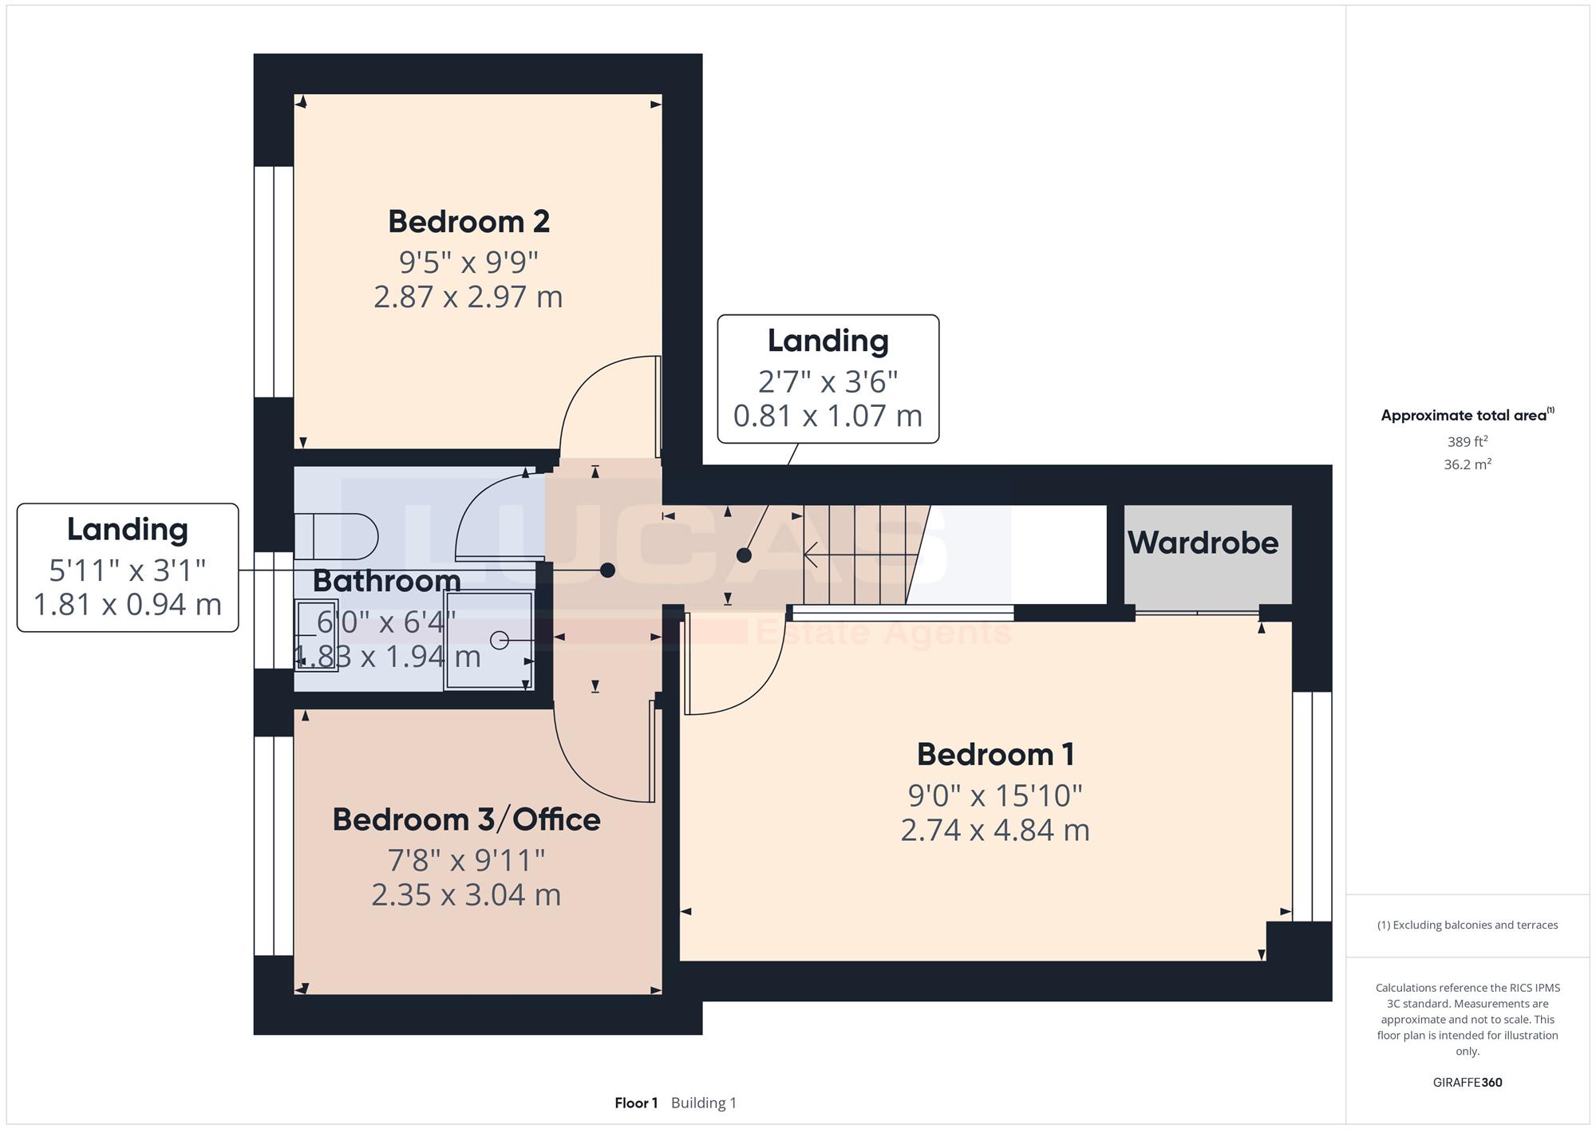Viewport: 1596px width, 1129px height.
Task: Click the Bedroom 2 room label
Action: [468, 222]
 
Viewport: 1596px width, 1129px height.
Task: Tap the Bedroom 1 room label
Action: [995, 754]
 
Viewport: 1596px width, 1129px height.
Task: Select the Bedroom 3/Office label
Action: [466, 819]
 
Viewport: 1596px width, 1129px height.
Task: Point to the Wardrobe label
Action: [1203, 543]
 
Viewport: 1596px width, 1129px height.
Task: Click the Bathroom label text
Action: [386, 580]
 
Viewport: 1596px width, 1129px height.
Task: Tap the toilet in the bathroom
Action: [336, 536]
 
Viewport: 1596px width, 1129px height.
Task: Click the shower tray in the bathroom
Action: [489, 640]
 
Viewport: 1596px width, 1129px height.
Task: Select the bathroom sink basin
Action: [316, 635]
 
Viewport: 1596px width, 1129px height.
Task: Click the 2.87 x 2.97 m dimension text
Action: [468, 297]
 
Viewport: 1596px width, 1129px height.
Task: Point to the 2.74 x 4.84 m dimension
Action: [995, 831]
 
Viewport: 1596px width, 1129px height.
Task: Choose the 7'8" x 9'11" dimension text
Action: [466, 860]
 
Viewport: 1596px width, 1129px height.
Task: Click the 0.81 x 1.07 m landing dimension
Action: [828, 416]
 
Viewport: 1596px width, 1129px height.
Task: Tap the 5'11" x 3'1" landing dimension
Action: [128, 570]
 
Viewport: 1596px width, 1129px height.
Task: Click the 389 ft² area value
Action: [1468, 441]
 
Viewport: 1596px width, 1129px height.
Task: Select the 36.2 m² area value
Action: [1468, 464]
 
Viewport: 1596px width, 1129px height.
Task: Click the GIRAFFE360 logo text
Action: [1468, 1083]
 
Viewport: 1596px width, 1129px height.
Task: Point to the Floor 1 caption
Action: [636, 1103]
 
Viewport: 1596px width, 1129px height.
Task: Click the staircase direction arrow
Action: [855, 553]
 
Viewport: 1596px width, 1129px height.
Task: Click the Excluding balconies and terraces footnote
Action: [1468, 926]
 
